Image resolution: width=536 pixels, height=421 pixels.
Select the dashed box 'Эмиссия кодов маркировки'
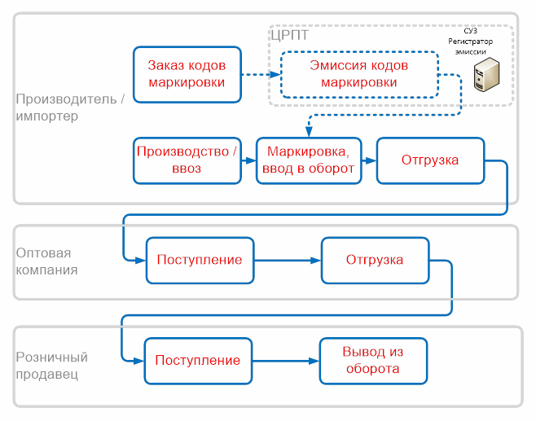point(359,74)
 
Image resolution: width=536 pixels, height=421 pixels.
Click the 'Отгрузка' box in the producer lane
point(430,160)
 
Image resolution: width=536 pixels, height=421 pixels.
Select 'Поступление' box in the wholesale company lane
point(200,260)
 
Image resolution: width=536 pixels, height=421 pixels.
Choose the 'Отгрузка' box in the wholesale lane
point(375,260)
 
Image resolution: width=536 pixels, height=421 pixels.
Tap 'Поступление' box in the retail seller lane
point(198,360)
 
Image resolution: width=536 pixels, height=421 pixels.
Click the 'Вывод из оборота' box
point(372,360)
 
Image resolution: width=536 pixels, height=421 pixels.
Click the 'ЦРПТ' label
point(292,35)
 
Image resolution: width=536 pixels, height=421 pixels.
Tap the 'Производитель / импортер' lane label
point(70,107)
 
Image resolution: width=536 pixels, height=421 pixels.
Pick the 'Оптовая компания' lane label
point(47,261)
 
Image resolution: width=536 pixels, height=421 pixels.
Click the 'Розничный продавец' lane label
point(51,366)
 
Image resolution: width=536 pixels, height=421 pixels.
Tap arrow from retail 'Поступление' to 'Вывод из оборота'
point(284,361)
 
